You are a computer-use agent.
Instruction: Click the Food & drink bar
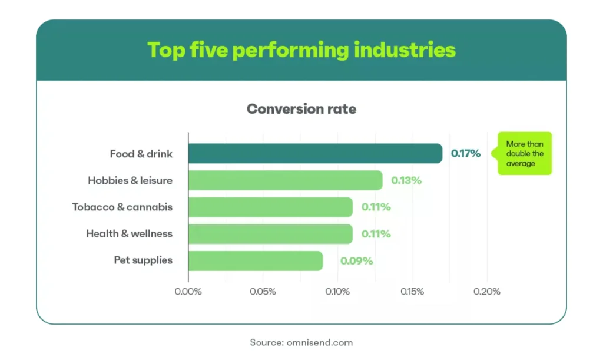click(x=315, y=154)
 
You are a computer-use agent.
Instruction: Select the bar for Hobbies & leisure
click(x=285, y=180)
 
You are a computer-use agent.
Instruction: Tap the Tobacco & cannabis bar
click(x=270, y=207)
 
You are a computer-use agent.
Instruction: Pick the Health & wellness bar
click(x=270, y=233)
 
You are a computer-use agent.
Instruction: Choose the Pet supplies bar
click(x=256, y=260)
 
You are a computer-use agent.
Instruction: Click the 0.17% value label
click(x=466, y=154)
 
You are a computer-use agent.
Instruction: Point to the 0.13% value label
click(x=406, y=180)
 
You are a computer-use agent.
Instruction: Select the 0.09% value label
click(x=357, y=260)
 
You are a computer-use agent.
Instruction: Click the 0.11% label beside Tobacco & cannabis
click(x=376, y=207)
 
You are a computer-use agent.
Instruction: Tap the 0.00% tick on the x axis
click(x=188, y=292)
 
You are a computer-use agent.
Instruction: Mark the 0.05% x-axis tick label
click(x=263, y=292)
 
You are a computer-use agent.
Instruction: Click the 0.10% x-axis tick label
click(x=338, y=292)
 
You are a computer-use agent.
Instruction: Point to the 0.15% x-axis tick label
click(x=412, y=292)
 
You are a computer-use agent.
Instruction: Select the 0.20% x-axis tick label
click(x=486, y=292)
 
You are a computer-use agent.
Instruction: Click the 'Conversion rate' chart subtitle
click(x=301, y=109)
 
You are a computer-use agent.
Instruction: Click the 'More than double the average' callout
click(x=525, y=154)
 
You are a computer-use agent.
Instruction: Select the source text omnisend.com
click(x=320, y=342)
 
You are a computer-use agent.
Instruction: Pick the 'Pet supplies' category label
click(x=143, y=260)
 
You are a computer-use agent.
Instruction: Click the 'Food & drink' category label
click(x=141, y=154)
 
